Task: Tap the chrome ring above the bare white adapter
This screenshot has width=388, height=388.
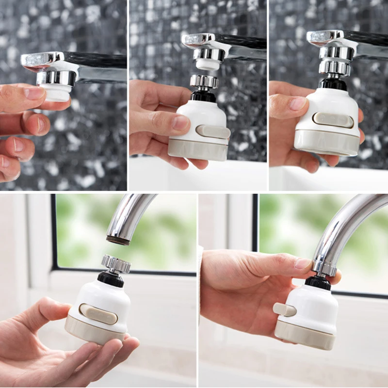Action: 56,77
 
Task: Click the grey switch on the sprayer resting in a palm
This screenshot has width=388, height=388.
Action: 98,314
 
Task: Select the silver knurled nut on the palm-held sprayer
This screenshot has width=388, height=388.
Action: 116,264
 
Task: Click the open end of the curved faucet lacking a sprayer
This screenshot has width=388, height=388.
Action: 118,240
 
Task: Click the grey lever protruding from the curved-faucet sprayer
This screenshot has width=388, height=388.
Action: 283,309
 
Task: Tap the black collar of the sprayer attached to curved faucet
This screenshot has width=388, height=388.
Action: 318,283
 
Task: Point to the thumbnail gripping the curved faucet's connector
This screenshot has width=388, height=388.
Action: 303,263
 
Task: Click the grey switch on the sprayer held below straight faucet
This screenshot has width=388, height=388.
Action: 213,131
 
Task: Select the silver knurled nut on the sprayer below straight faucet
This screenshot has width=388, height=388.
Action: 204,81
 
